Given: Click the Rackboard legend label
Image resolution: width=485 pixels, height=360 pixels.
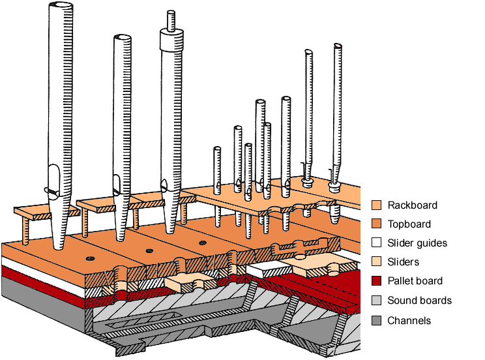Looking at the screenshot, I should [x=412, y=205].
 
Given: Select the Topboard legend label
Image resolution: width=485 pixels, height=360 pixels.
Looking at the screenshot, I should [x=409, y=224].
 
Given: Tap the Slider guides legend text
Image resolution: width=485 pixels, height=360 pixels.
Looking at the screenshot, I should [x=417, y=243].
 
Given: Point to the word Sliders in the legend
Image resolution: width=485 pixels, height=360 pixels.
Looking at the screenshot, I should [x=403, y=262].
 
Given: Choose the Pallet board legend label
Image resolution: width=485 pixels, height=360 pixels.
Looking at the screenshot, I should [x=415, y=281].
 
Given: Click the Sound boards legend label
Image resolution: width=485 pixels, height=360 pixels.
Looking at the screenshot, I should [x=419, y=301].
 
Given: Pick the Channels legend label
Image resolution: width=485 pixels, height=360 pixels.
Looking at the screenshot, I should [x=409, y=320].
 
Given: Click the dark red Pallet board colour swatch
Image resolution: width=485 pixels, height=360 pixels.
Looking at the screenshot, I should [x=376, y=281].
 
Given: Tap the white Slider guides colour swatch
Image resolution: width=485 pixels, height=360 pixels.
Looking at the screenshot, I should [x=376, y=243].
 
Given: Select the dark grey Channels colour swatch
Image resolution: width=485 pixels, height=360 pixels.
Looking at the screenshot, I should [x=376, y=320].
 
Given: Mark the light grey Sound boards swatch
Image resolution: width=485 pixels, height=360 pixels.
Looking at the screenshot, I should [x=376, y=301].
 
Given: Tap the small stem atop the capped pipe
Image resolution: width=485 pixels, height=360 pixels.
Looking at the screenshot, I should [x=171, y=20].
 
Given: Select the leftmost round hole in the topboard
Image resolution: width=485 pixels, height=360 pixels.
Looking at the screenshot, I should [x=89, y=258].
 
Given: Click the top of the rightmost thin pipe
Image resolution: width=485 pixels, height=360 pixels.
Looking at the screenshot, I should [x=337, y=46].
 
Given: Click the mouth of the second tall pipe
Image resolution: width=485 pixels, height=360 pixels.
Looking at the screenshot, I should [x=115, y=184].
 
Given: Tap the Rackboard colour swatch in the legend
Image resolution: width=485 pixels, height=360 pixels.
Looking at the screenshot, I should [x=376, y=205].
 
